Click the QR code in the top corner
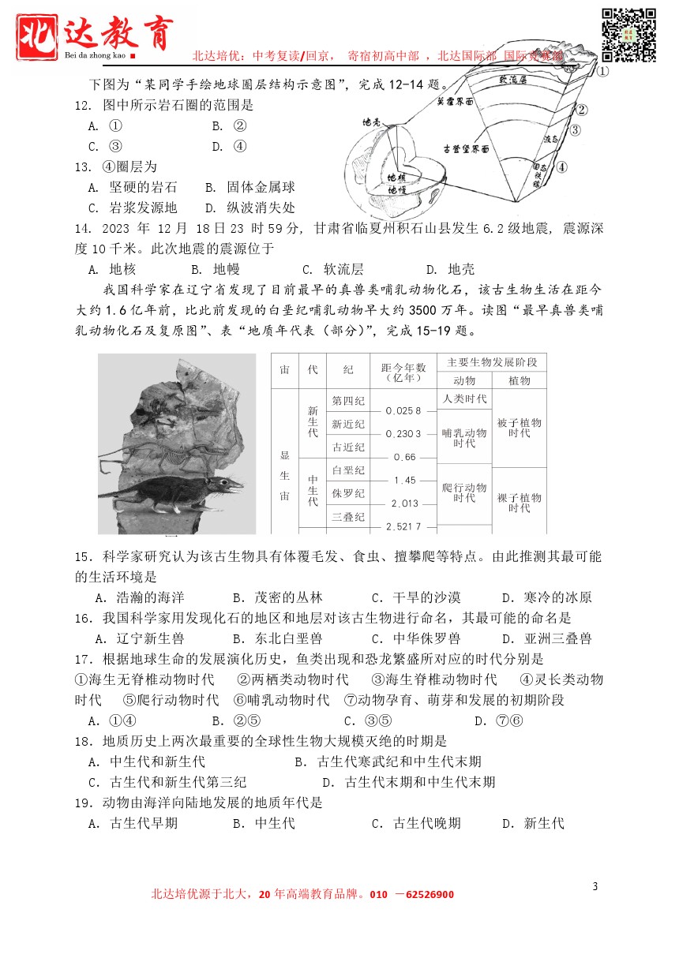coord(629,35)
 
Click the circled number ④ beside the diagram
coord(561,167)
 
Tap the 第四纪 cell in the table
coord(348,401)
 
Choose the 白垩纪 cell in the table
coord(348,471)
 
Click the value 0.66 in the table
coord(403,457)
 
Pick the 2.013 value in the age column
coord(403,503)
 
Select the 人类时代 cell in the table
coord(465,399)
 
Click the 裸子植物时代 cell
coord(519,503)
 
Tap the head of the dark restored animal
coord(230,482)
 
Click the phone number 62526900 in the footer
coord(425,895)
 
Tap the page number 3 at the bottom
coord(595,886)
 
